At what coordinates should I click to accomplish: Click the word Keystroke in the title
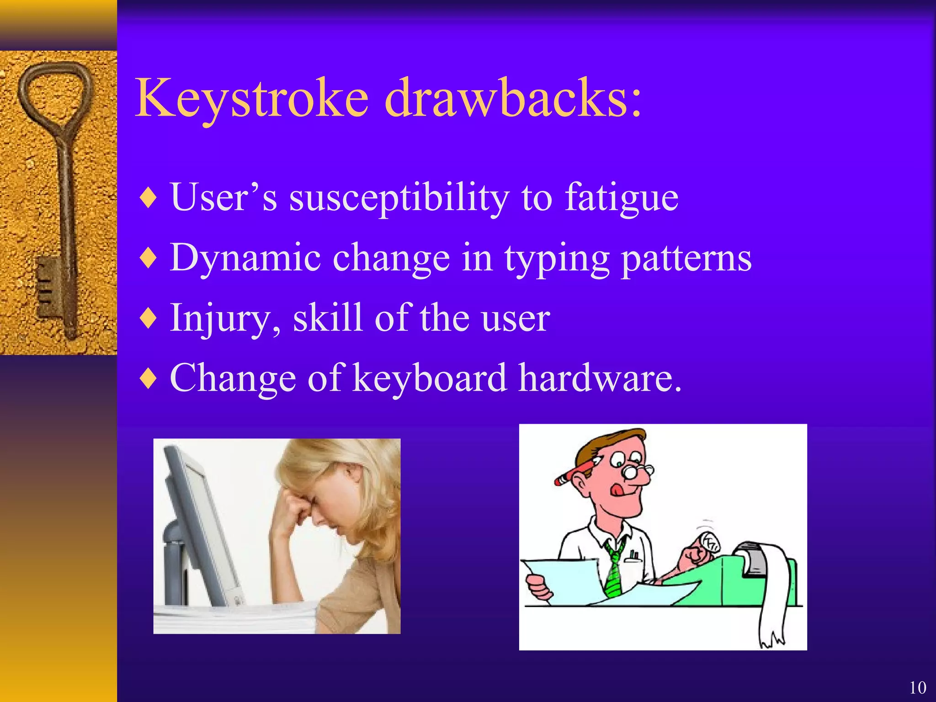[x=252, y=98]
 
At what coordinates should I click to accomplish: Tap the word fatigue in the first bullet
[x=622, y=197]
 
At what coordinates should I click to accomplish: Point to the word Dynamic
[x=245, y=258]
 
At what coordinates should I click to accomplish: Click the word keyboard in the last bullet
[x=430, y=378]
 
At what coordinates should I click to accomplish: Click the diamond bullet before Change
[x=149, y=378]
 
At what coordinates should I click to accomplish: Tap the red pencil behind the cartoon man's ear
[x=574, y=473]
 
